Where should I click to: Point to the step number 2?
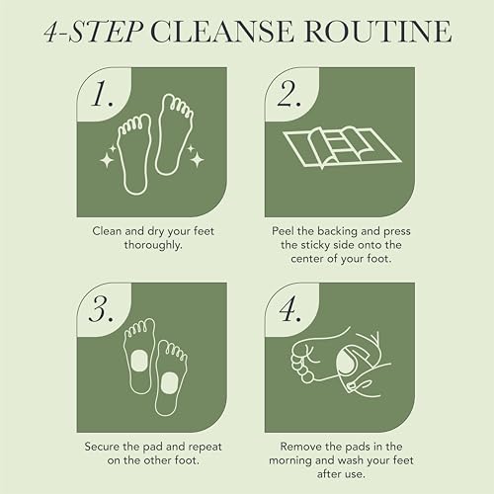(290, 95)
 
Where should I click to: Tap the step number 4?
(290, 308)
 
